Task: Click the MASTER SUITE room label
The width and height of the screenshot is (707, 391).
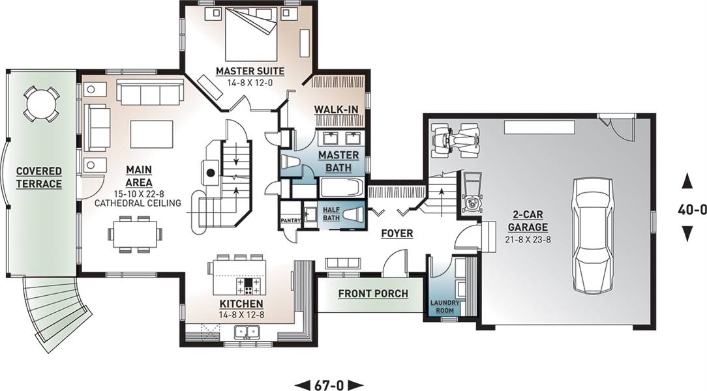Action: (x=250, y=71)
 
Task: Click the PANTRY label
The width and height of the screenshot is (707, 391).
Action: (x=290, y=221)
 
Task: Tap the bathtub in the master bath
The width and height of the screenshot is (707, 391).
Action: (x=342, y=188)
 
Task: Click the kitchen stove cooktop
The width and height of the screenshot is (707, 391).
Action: (x=248, y=286)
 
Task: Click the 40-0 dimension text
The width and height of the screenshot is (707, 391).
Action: (x=691, y=209)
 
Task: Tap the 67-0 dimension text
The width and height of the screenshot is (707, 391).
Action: (x=329, y=385)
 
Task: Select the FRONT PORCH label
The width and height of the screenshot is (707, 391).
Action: (x=373, y=294)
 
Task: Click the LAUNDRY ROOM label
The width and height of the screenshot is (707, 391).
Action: (x=445, y=306)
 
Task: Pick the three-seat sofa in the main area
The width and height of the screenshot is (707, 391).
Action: (x=150, y=91)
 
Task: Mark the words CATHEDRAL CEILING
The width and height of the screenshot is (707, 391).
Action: (x=138, y=203)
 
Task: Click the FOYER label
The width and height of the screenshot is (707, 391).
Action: (x=397, y=233)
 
